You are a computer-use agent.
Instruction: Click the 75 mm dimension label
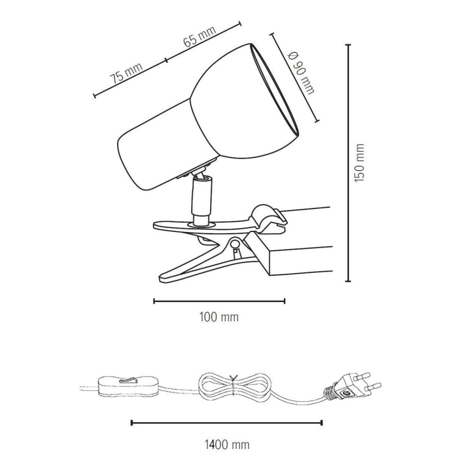coord(127,73)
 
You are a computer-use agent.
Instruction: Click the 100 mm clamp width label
coord(219,318)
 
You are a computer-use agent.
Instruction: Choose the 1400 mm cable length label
coord(227,444)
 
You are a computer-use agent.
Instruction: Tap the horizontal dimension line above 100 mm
coord(219,301)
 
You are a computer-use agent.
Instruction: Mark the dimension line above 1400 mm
coord(227,423)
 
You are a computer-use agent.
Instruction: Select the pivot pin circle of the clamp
coord(235,245)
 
